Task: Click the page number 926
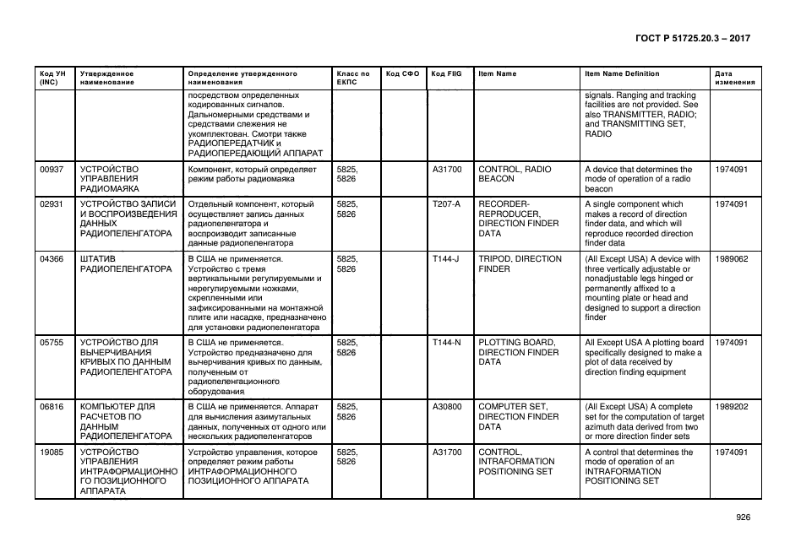(x=742, y=517)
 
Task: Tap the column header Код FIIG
(x=446, y=73)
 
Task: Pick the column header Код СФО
(x=402, y=73)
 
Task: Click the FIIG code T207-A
(x=446, y=204)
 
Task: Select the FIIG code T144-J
(x=445, y=259)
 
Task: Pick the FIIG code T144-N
(x=446, y=343)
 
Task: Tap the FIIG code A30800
(x=447, y=407)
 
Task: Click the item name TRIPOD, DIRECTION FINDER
(x=520, y=264)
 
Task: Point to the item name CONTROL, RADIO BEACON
(x=514, y=174)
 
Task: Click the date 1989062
(x=731, y=259)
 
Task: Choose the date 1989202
(x=731, y=407)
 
